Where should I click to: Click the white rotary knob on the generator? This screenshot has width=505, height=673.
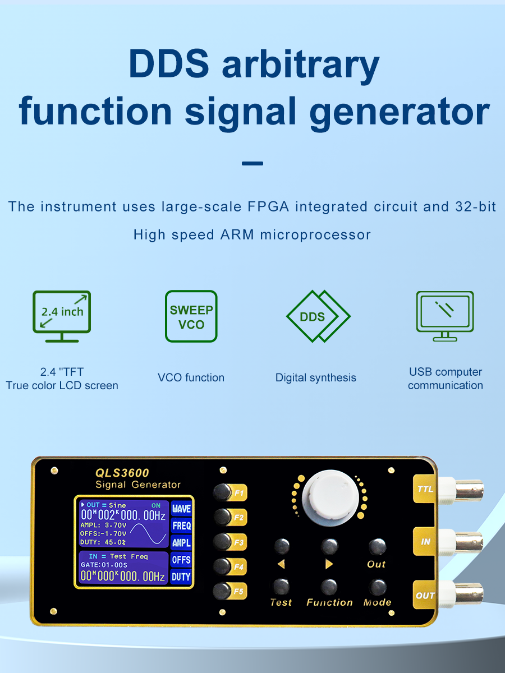click(x=330, y=498)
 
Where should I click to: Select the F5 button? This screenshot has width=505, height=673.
click(x=222, y=591)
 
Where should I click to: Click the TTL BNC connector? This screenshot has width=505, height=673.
click(x=461, y=488)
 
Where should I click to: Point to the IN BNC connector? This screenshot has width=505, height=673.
click(x=461, y=542)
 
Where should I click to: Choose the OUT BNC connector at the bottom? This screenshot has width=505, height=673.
click(x=461, y=595)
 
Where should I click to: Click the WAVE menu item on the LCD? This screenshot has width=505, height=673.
click(x=181, y=509)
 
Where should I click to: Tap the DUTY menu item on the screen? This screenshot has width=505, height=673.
click(x=181, y=577)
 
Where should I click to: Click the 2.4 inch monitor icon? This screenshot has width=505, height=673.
click(x=62, y=316)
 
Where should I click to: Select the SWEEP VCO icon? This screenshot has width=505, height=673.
click(x=191, y=316)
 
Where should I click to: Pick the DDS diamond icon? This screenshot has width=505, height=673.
click(x=318, y=316)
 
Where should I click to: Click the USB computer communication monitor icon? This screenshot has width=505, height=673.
click(x=445, y=316)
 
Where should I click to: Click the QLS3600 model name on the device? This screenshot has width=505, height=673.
click(x=122, y=473)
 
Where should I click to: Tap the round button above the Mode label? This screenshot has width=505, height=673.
click(x=378, y=587)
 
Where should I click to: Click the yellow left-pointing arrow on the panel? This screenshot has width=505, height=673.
click(x=282, y=564)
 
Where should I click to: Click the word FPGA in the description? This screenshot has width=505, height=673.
click(x=268, y=206)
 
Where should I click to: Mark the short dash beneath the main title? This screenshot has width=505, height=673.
click(x=252, y=163)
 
